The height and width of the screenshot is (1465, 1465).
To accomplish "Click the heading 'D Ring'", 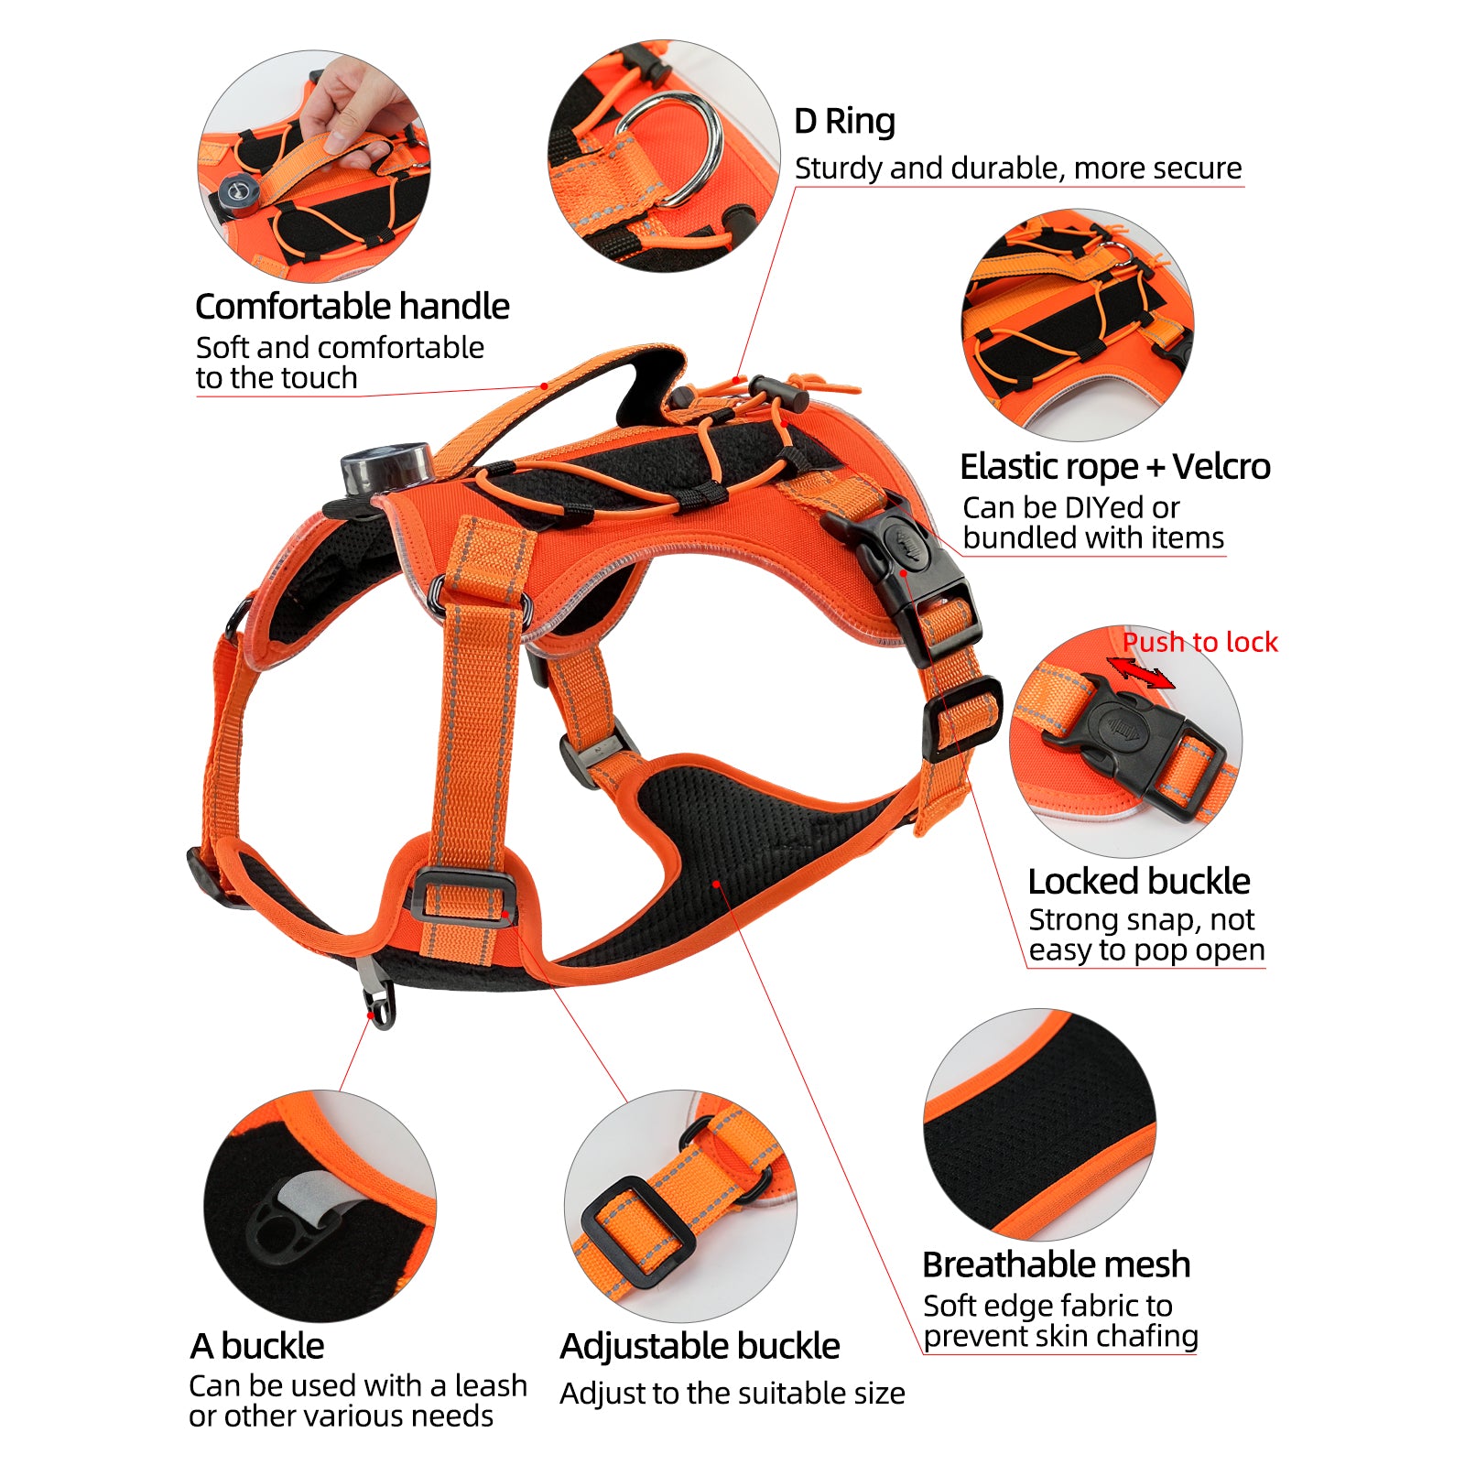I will click(844, 121).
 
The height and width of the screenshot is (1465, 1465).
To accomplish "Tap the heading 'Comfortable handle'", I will click(352, 306).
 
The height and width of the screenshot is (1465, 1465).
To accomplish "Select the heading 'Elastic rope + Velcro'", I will click(1114, 467).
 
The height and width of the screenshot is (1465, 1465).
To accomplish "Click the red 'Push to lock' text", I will click(1199, 642).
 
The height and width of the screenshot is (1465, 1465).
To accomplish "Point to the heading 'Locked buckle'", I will click(1138, 881).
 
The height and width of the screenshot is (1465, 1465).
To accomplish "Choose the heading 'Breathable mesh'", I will click(1056, 1264).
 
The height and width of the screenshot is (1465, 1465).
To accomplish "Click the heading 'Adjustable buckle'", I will click(700, 1346).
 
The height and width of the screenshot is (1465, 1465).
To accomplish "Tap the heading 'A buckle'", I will click(256, 1346).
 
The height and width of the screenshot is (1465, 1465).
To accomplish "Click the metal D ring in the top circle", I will click(673, 146).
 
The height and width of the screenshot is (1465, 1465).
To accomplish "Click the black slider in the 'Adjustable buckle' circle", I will click(636, 1232).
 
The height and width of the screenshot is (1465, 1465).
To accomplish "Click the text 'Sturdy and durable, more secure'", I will click(1017, 168).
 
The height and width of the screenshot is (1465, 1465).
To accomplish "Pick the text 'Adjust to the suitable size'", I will click(732, 1394).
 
